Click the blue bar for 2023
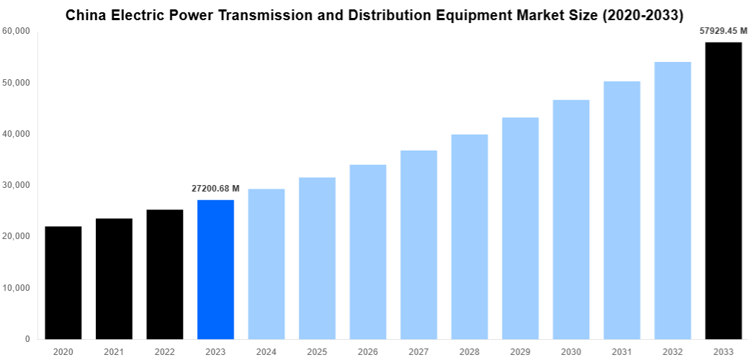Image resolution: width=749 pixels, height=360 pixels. coord(215,269)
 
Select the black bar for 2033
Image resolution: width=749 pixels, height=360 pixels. coord(723,191)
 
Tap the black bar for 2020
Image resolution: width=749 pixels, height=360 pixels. coord(63,282)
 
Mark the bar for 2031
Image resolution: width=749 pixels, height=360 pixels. coord(622,210)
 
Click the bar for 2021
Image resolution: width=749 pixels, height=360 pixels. coord(114,279)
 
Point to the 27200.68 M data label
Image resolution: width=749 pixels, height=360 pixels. coord(215,188)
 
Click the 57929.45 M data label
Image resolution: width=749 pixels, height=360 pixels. coord(723,31)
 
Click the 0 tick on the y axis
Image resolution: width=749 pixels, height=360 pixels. coord(27,339)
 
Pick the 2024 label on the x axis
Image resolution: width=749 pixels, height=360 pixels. coord(266,351)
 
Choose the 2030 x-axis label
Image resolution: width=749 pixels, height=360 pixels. coord(571,351)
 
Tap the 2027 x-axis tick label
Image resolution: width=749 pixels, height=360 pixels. coord(418,351)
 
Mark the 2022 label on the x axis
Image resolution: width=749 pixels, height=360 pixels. coord(164,351)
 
